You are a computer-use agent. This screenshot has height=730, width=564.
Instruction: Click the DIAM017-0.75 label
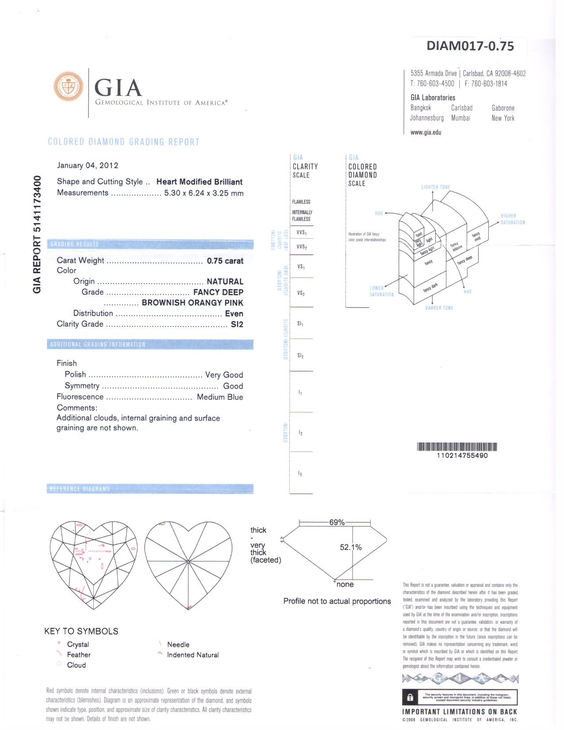click(x=470, y=46)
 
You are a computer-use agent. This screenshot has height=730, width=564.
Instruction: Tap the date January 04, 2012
click(x=88, y=165)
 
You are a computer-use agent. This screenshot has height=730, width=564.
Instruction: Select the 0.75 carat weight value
click(x=225, y=261)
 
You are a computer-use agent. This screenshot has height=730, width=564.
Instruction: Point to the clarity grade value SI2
click(x=237, y=324)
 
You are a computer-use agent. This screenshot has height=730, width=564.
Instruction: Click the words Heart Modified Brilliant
click(x=199, y=182)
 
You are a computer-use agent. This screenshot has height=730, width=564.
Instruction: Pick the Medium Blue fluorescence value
click(x=220, y=397)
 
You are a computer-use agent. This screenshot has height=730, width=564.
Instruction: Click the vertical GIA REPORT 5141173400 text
click(x=37, y=234)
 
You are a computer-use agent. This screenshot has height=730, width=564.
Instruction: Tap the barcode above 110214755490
click(x=457, y=447)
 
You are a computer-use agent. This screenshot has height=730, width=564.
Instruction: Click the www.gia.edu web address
click(x=426, y=132)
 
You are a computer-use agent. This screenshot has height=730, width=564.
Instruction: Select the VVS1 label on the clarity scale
click(x=302, y=233)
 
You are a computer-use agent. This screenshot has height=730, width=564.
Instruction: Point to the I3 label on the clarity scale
click(x=300, y=474)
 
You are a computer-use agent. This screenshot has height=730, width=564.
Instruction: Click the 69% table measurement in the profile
click(x=337, y=523)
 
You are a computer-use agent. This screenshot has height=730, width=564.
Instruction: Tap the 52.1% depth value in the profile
click(x=351, y=548)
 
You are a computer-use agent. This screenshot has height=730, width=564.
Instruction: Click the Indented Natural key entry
click(x=192, y=655)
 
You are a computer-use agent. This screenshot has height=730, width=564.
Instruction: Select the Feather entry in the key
click(x=79, y=655)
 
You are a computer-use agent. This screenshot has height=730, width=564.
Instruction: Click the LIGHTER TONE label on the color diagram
click(x=435, y=187)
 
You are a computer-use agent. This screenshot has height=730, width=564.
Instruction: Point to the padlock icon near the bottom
click(x=410, y=698)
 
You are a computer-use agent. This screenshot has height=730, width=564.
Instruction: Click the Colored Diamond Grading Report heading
click(x=123, y=142)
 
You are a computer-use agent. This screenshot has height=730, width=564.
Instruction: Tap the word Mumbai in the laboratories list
click(x=460, y=118)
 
